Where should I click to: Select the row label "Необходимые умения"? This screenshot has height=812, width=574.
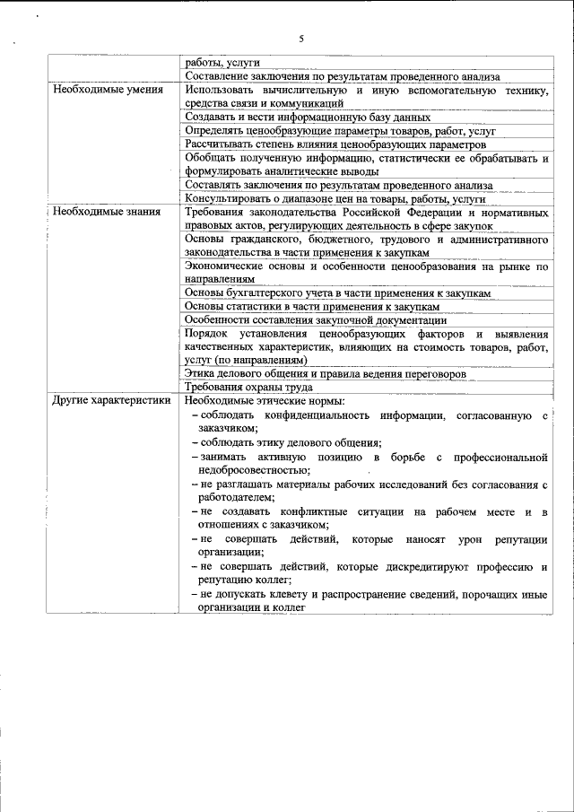point(108,91)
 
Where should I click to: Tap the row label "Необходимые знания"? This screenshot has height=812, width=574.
point(106,212)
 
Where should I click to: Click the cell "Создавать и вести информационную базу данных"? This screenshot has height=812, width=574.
point(308,117)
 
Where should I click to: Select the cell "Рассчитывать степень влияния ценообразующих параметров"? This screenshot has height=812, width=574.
point(335,144)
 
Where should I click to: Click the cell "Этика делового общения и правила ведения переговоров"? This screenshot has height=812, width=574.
point(325,373)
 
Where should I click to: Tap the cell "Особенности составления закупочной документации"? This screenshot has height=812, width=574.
point(316,319)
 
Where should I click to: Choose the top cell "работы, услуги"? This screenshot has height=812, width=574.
point(222,64)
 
